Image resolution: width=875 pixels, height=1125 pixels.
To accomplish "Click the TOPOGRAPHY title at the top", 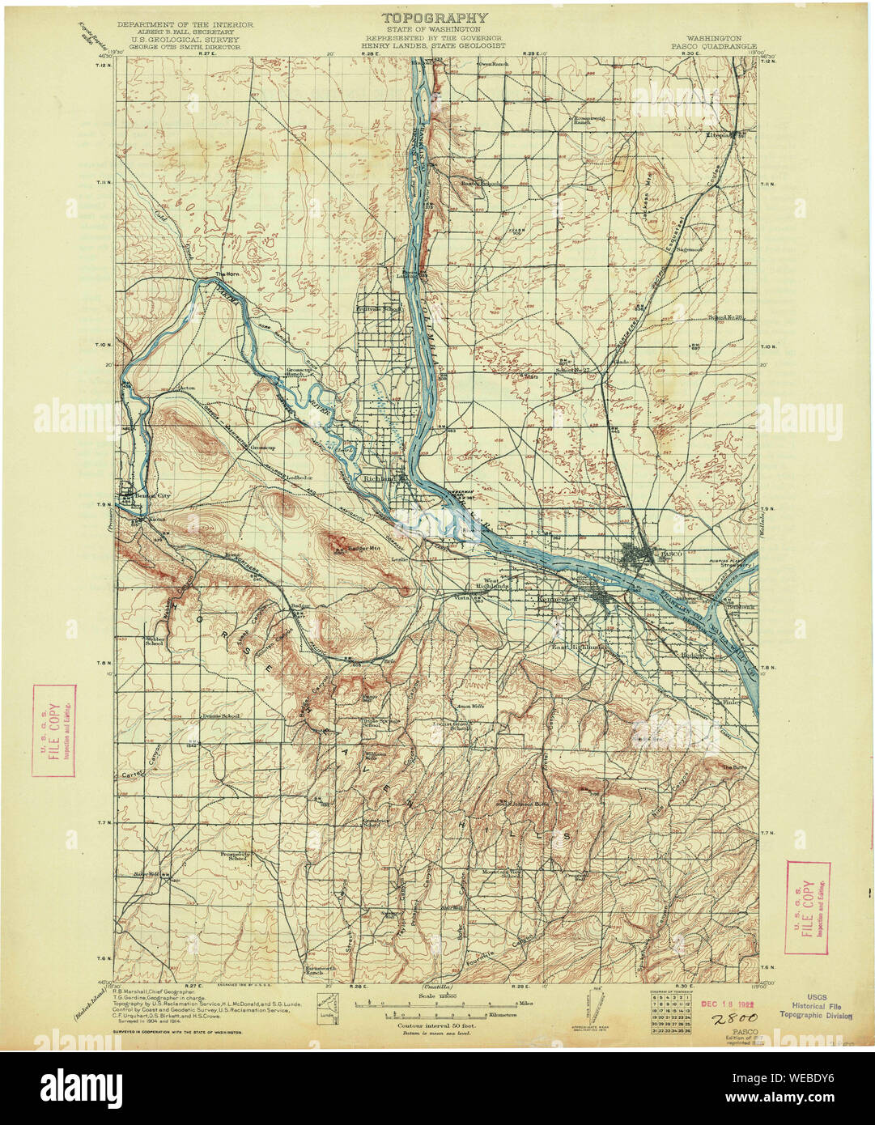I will (435, 17).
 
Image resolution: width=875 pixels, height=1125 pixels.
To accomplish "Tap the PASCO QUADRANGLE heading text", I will (713, 47).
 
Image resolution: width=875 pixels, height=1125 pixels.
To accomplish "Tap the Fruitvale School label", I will (380, 308).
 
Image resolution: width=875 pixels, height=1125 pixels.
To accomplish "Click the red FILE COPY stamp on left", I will (54, 731).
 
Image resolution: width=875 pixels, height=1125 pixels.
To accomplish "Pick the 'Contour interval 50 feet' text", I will (436, 1025).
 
